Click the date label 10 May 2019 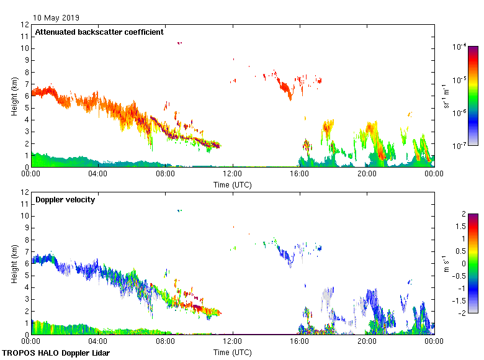[x=56, y=18]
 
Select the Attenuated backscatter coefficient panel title [x=99, y=32]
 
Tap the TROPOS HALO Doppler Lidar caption [x=59, y=353]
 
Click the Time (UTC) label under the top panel [x=233, y=184]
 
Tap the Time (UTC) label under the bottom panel [x=233, y=352]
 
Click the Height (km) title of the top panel [x=14, y=96]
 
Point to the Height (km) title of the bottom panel [x=14, y=264]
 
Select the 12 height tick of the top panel [x=25, y=25]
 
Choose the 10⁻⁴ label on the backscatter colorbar [x=460, y=47]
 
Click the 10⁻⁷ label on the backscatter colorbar [x=460, y=145]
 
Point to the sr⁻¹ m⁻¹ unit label [x=446, y=96]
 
